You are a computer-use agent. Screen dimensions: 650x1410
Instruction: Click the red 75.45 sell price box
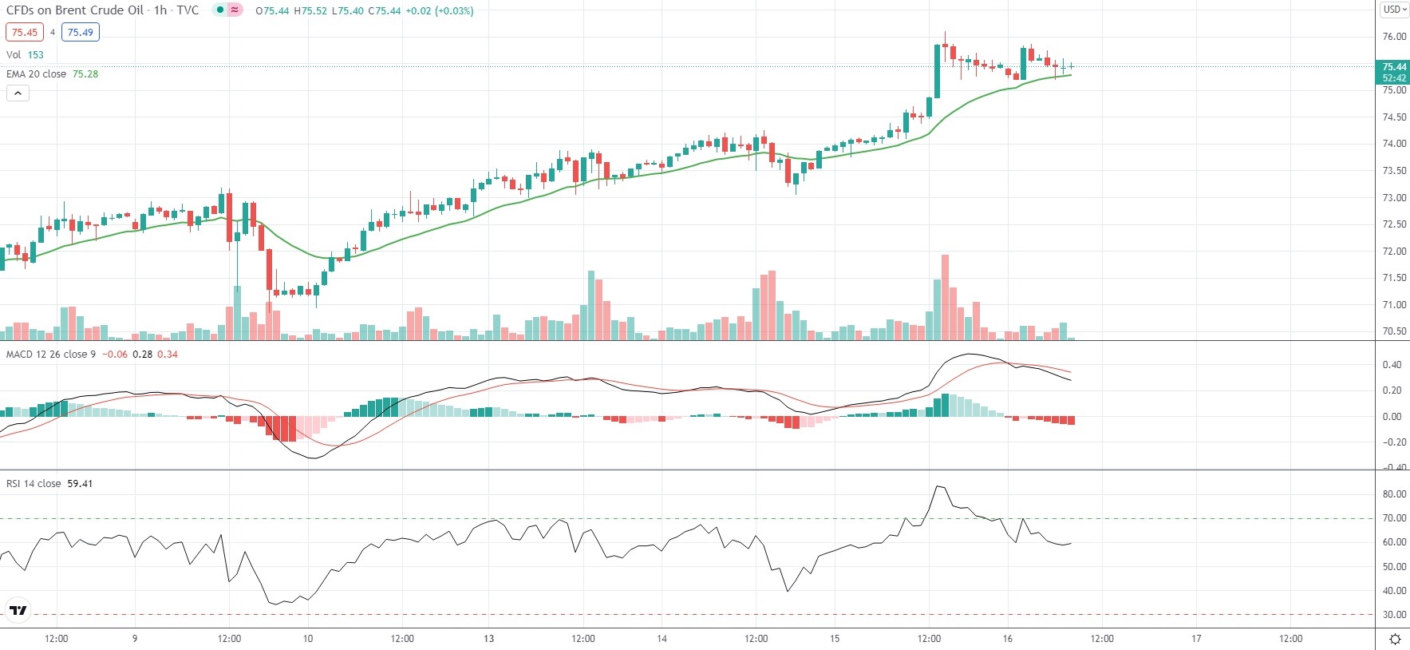[x=25, y=33]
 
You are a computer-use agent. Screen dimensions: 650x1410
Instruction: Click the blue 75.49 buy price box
[x=80, y=33]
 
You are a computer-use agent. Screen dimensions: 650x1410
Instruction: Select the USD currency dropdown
[x=1394, y=10]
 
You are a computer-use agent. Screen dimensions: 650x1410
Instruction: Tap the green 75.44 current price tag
[x=1393, y=67]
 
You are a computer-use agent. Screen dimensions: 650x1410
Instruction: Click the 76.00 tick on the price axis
[x=1394, y=37]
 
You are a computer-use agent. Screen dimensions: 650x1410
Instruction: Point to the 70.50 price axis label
[x=1394, y=331]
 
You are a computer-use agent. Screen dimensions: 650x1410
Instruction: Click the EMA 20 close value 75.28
[x=85, y=74]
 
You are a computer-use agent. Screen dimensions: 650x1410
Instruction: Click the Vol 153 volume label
[x=25, y=55]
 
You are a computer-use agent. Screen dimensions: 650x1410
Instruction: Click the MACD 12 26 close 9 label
[x=50, y=355]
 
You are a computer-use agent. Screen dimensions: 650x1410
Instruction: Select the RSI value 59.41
[x=80, y=484]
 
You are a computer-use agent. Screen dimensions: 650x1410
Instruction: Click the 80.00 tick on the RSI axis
[x=1394, y=494]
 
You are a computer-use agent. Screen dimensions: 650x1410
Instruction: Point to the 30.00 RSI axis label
[x=1394, y=615]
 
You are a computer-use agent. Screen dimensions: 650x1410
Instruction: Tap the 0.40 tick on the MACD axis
[x=1392, y=365]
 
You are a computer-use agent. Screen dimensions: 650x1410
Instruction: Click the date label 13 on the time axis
[x=488, y=639]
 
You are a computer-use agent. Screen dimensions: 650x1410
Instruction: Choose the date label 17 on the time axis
[x=1196, y=639]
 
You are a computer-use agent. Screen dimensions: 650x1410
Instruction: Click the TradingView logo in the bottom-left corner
[x=18, y=611]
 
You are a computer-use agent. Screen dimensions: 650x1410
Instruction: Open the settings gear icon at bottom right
[x=1395, y=639]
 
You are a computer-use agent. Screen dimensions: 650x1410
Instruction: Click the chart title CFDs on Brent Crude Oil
[x=75, y=10]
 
